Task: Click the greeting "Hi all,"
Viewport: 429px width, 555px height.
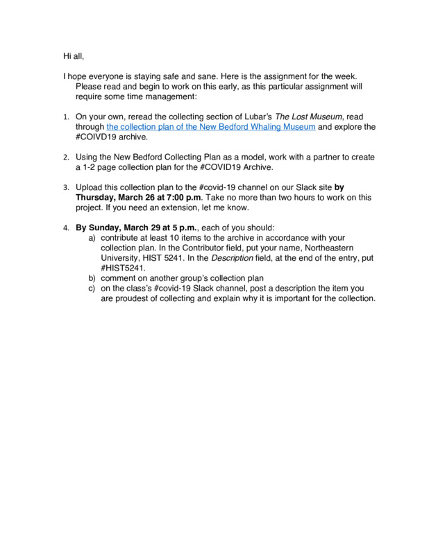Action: (x=73, y=55)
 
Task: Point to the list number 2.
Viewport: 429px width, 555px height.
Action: (x=66, y=157)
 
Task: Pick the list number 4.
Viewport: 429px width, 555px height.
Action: (x=66, y=228)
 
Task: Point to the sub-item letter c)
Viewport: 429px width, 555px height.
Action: (x=92, y=288)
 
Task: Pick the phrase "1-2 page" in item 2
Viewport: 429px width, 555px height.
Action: (x=101, y=168)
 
